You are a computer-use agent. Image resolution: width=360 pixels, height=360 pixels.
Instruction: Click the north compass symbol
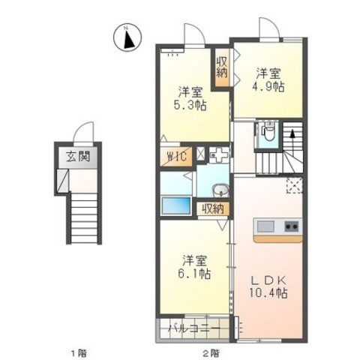point(127,37)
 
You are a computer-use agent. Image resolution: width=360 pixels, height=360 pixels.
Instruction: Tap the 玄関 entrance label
point(78,157)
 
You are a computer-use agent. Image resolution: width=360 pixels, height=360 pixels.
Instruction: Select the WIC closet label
point(177,157)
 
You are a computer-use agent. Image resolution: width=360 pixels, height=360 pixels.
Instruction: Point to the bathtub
point(176,205)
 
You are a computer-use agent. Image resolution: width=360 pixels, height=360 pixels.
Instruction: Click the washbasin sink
point(220,190)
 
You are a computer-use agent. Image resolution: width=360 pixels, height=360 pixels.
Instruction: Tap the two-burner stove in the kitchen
point(291,226)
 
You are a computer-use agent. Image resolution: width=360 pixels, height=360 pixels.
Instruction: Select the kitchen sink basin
point(265,226)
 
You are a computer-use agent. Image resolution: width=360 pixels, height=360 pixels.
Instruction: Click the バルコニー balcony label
point(194,328)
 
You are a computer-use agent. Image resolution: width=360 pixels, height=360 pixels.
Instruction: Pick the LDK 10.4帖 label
point(268,286)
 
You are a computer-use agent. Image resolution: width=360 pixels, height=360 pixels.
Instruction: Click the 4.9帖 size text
point(268,87)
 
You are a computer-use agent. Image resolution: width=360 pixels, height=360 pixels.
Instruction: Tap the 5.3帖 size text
point(190,105)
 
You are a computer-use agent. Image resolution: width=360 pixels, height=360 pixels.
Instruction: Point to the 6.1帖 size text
point(194,274)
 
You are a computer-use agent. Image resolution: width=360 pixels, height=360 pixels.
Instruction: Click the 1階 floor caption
point(79,353)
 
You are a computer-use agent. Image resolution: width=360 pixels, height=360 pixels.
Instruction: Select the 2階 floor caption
point(211,353)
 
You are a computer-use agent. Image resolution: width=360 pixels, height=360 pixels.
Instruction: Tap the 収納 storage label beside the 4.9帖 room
point(222,67)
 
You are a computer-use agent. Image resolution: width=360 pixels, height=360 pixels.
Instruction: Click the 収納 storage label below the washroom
point(213,208)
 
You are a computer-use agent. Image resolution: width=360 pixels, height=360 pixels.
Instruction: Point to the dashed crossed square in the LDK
point(295,185)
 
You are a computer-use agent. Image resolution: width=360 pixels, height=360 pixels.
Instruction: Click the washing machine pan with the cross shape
point(219,155)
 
